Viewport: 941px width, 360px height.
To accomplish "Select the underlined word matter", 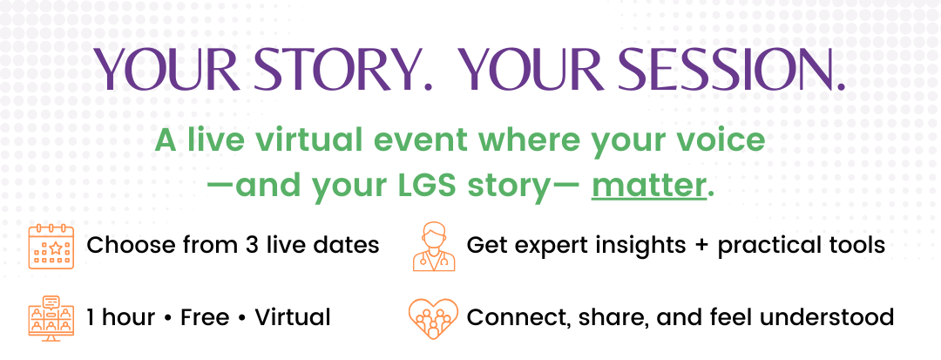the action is pos(647,186).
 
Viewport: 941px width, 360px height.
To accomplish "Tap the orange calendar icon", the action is pos(51,247).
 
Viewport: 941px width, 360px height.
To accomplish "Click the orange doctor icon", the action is pos(434,247).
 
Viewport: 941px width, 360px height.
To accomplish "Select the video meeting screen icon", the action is pos(51,318).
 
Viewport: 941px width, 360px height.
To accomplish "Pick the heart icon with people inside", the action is pos(433,319).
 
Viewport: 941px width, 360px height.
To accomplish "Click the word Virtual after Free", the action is pos(292,316).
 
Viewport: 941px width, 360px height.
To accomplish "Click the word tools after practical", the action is pos(857,246).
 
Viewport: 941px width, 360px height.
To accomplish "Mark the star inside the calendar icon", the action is pos(55,248).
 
